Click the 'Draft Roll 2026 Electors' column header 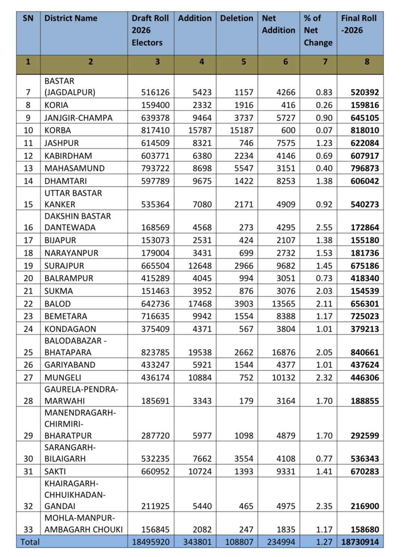coord(150,30)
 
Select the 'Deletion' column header coord(236,18)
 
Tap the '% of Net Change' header coord(318,30)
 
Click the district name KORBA coord(57,130)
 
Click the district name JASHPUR coord(62,143)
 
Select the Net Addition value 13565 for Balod coord(283,304)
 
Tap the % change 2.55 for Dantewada coord(324,228)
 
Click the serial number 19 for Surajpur coord(28,266)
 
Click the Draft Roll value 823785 coord(155,353)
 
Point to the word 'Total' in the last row coord(30,542)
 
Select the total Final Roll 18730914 coord(360,542)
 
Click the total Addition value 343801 coord(197,542)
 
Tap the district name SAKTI coord(55,472)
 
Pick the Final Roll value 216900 coord(364,506)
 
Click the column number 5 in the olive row coord(244,62)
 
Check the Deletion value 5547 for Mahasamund coord(244,168)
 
